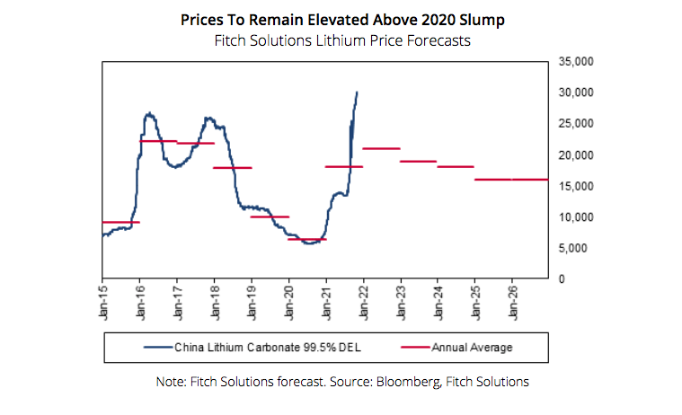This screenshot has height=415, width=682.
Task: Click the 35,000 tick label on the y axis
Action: (575, 61)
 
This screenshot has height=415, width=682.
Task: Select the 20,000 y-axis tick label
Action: (575, 155)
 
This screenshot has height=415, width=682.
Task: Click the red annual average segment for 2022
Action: (381, 148)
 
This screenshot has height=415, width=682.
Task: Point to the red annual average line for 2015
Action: (120, 222)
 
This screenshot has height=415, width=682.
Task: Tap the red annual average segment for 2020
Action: (306, 239)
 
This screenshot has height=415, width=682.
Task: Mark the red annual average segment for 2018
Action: (232, 168)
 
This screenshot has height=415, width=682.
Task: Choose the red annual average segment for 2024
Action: (456, 166)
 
